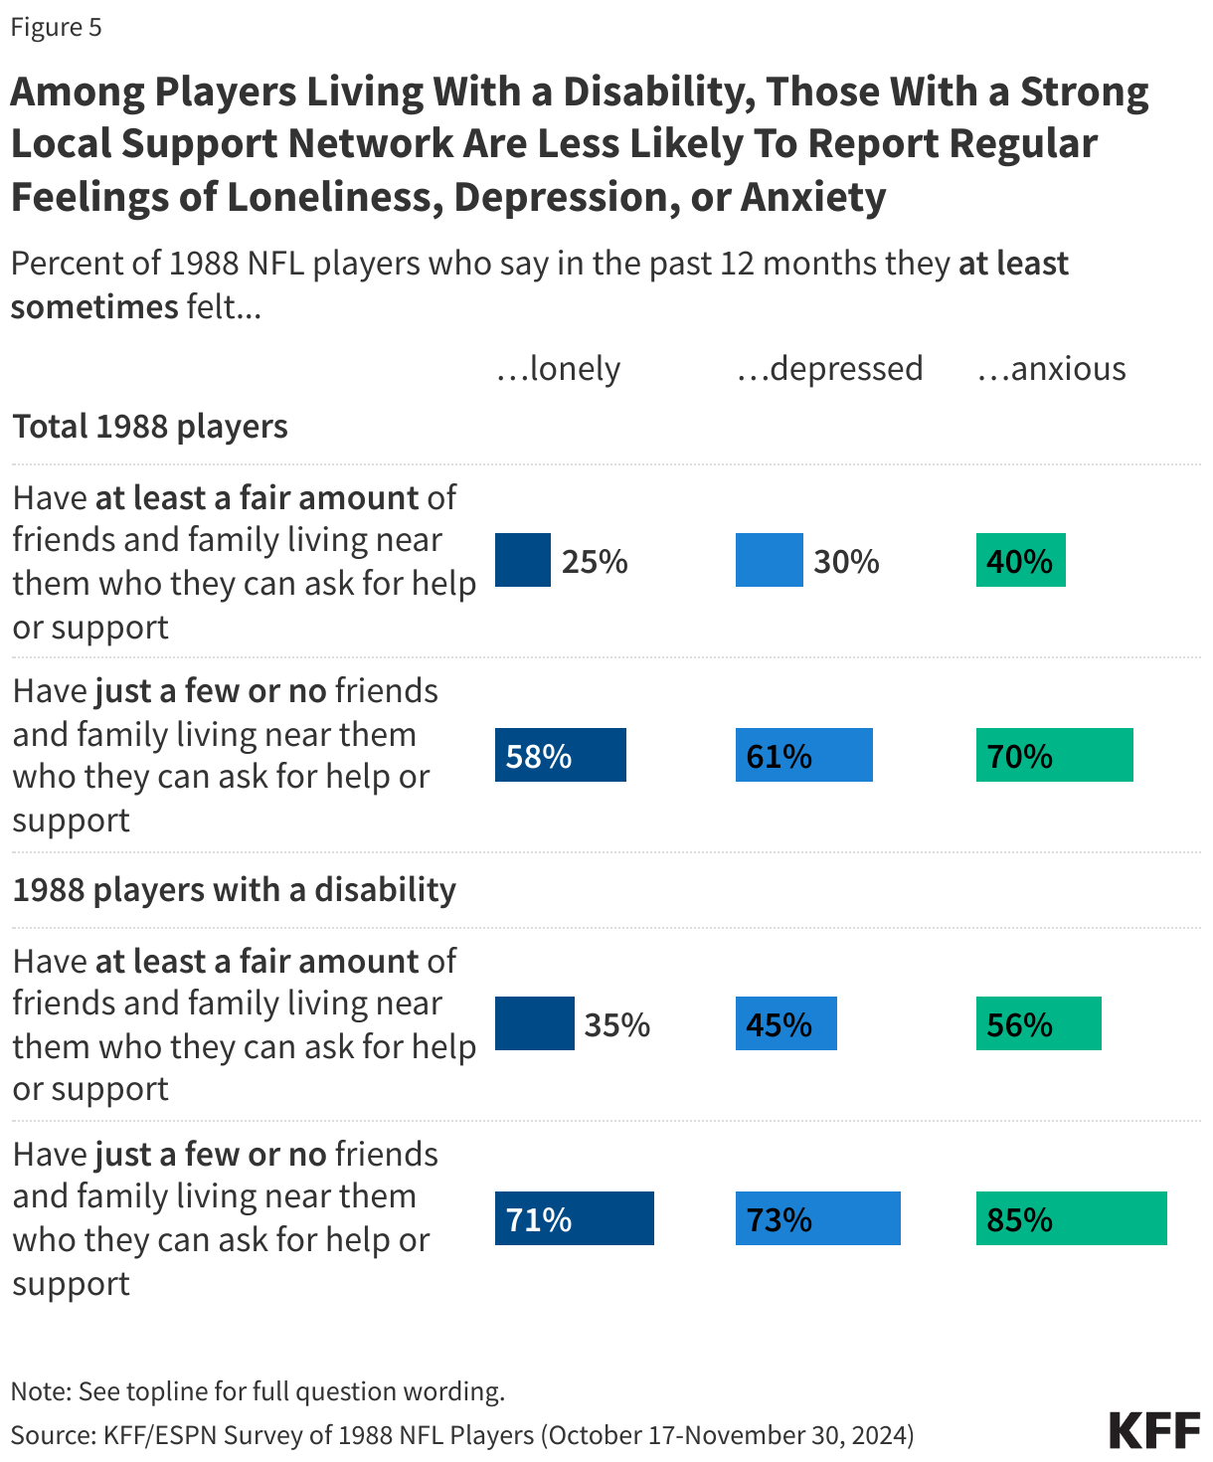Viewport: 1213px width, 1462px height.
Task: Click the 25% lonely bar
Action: coord(523,560)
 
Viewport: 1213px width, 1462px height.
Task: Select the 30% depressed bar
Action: coord(769,560)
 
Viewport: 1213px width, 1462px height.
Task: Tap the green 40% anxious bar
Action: coord(1020,560)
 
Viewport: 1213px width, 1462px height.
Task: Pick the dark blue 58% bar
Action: coord(560,755)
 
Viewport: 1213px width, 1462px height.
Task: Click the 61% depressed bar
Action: coord(803,755)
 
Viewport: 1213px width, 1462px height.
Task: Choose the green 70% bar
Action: coord(1054,755)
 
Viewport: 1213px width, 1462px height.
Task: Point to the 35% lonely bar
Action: coord(534,1023)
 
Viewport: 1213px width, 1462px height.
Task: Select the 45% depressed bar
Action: coord(785,1023)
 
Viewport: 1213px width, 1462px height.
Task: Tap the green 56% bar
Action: coord(1038,1023)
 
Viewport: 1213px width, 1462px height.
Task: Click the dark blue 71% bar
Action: coord(574,1218)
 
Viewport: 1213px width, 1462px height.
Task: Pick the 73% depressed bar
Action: coord(817,1218)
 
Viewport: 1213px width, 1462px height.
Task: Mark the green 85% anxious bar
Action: coord(1071,1218)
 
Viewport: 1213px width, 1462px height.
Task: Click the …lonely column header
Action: coord(558,369)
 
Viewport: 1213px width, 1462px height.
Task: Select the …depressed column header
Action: coord(829,369)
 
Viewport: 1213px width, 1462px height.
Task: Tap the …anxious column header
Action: coord(1051,369)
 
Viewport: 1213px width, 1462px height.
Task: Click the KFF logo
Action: coord(1154,1430)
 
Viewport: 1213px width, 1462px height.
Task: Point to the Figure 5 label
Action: coord(57,27)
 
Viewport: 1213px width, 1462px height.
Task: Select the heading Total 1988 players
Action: coord(150,427)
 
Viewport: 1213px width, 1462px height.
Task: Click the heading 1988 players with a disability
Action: coord(234,889)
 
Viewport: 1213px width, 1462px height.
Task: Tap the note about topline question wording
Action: coord(258,1390)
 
